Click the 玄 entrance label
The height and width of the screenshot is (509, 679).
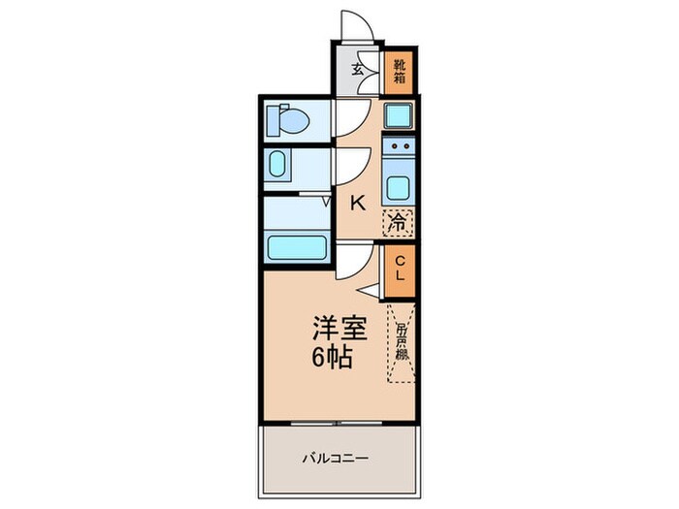coord(357,70)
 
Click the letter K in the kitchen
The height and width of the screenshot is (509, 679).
coord(358,203)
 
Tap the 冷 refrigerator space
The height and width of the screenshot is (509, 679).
coord(397,221)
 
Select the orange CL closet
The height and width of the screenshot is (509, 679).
coord(398,266)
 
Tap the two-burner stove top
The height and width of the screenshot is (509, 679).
coord(398,149)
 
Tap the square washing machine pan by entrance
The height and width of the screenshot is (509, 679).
coord(398,115)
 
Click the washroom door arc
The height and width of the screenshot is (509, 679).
coord(350,162)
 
